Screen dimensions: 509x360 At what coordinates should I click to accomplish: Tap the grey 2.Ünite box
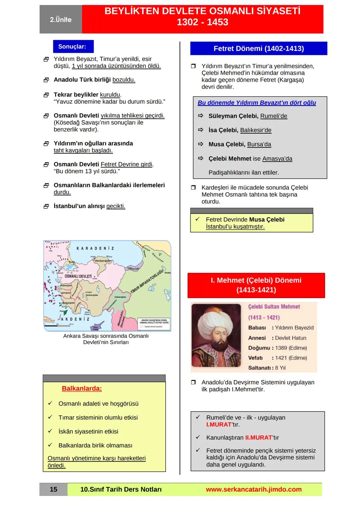coord(61,20)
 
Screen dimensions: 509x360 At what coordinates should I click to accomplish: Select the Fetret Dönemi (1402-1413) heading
coord(258,48)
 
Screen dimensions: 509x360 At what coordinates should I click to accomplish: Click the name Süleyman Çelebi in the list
coord(233,116)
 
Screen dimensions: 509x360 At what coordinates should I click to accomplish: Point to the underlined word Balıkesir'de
coord(256,130)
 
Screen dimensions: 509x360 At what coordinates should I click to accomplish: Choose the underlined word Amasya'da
coord(277,159)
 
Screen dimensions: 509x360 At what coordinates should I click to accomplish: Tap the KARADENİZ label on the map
coord(95,248)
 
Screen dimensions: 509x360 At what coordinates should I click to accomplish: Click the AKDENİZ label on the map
coord(75,319)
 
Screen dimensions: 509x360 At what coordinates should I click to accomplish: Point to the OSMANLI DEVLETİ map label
coord(78,276)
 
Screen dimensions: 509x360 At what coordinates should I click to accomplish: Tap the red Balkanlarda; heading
coord(82,389)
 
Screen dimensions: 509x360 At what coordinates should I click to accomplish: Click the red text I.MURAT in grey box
coord(219,425)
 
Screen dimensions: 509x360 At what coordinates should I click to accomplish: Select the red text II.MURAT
coord(258,438)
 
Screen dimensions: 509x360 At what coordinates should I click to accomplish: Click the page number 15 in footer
coord(53,489)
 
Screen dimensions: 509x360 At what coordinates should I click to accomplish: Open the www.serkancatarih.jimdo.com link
coord(253,489)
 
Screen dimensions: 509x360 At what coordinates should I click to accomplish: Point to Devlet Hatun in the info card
coord(290,338)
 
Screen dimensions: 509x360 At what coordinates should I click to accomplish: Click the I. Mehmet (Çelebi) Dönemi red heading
coord(256,285)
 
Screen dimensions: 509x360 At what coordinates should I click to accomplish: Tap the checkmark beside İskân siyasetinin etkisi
coord(50,431)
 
